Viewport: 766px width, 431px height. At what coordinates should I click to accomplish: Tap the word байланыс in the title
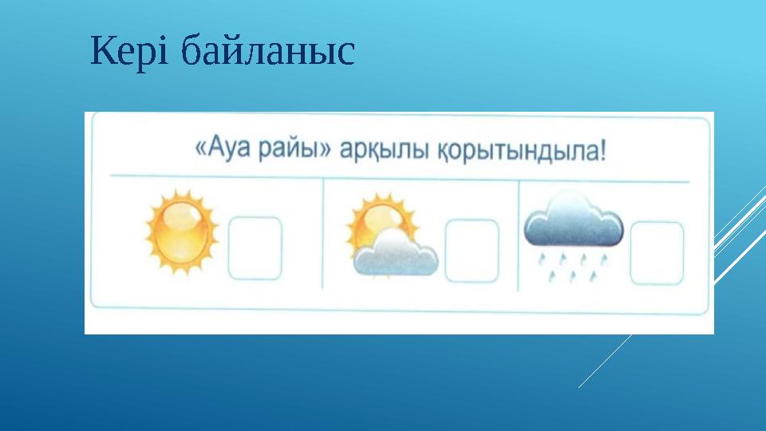click(x=267, y=53)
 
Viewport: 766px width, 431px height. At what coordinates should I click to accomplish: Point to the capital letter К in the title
click(x=102, y=53)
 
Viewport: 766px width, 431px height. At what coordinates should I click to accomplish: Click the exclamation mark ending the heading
click(x=602, y=149)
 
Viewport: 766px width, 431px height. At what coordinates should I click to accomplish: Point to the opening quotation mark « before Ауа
click(x=201, y=150)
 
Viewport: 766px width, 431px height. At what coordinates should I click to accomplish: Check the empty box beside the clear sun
click(x=255, y=248)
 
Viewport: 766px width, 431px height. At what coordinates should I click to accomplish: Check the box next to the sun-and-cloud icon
click(x=471, y=250)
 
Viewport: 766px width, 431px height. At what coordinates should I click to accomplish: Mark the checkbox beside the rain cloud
click(x=657, y=252)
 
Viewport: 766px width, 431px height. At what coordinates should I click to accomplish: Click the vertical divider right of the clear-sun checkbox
click(x=323, y=234)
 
